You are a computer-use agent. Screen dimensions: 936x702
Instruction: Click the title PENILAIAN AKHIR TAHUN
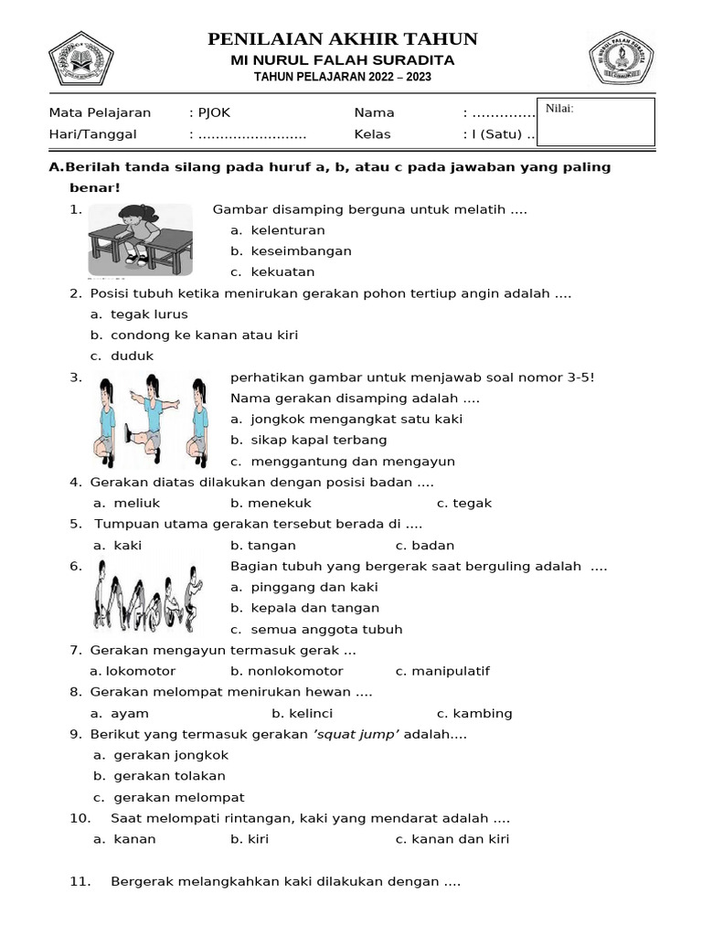click(x=343, y=38)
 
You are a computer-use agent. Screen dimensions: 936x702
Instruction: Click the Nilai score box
click(x=595, y=122)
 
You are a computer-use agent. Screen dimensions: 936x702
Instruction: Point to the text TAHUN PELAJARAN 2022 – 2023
click(x=343, y=78)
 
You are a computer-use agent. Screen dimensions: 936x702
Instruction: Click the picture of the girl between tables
click(x=140, y=240)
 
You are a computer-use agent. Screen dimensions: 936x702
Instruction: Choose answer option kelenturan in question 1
click(x=287, y=230)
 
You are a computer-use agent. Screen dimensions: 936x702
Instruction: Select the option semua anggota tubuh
click(x=325, y=629)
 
